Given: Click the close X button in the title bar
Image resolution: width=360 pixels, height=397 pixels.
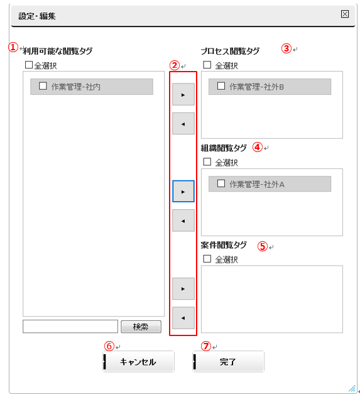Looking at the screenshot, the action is [344, 14].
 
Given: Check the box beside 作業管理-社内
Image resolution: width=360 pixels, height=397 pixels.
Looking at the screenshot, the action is [43, 86].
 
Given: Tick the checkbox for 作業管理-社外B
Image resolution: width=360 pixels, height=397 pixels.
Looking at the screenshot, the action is [221, 86].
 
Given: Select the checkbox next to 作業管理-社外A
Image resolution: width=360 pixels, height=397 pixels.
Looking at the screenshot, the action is [221, 183].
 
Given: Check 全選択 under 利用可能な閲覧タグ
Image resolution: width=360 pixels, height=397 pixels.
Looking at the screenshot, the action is [29, 65].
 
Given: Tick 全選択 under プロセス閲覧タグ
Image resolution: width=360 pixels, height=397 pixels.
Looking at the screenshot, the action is [207, 65].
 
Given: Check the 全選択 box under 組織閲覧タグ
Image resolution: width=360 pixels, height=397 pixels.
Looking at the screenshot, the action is [207, 162].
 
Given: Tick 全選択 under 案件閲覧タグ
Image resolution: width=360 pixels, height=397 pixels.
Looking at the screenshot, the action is [207, 259].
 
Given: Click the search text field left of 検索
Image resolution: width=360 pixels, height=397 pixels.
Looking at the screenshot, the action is [70, 327].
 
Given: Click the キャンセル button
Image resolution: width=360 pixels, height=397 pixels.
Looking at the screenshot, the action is [138, 362].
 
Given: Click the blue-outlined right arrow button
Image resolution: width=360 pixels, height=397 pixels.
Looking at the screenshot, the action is [183, 192].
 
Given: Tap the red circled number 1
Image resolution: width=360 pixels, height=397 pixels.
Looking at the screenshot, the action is [13, 47].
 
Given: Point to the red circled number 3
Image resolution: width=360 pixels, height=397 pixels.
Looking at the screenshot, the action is [286, 48].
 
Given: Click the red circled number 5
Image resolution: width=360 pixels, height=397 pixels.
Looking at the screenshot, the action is [263, 246].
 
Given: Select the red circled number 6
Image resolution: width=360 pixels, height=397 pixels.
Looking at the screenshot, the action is [109, 346].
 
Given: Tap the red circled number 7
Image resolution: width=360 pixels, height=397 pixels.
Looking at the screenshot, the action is [206, 346].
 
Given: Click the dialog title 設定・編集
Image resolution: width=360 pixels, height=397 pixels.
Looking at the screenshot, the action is [37, 16].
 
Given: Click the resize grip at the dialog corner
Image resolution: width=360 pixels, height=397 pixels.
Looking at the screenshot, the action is [352, 388].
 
